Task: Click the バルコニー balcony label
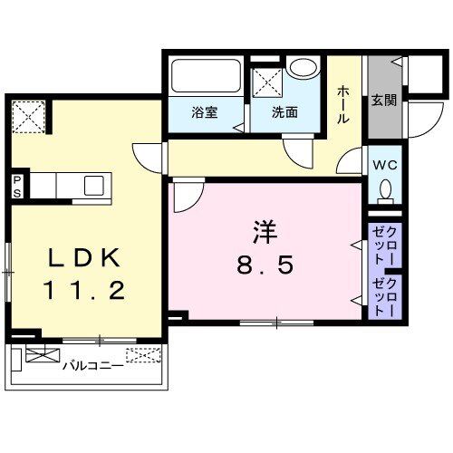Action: (92, 367)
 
